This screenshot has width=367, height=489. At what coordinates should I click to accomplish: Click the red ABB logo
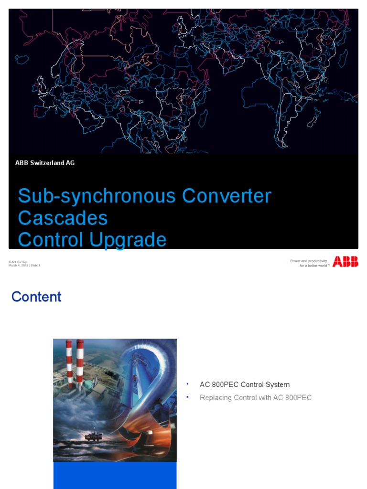point(345,261)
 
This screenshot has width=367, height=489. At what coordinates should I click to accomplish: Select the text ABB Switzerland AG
point(45,163)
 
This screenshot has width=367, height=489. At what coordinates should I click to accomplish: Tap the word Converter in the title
point(227,196)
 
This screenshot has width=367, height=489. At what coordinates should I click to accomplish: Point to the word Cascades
point(63,218)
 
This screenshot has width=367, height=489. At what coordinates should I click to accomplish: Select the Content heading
point(36,297)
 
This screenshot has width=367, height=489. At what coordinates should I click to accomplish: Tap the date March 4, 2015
point(18,266)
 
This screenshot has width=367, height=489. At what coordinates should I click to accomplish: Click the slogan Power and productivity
point(308,261)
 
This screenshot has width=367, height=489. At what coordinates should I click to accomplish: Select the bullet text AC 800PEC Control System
point(245,384)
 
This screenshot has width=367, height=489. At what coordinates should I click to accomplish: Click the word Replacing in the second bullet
point(215,397)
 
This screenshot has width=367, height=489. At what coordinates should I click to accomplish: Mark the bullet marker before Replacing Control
point(188,396)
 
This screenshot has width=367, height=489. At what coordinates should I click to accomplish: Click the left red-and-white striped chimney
point(69,363)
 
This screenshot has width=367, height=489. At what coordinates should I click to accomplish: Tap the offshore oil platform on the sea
point(93,436)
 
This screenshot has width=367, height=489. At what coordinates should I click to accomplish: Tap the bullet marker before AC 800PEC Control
point(188,383)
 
